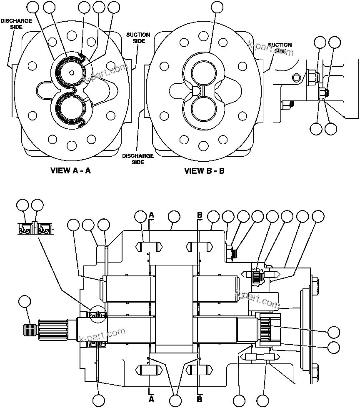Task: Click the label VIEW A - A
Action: click(70, 170)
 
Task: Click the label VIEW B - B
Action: click(204, 170)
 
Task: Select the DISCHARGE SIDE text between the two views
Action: click(137, 159)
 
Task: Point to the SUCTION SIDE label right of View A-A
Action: click(138, 38)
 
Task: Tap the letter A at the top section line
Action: click(152, 215)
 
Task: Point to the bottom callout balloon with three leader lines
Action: click(176, 400)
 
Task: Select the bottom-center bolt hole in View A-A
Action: click(71, 145)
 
